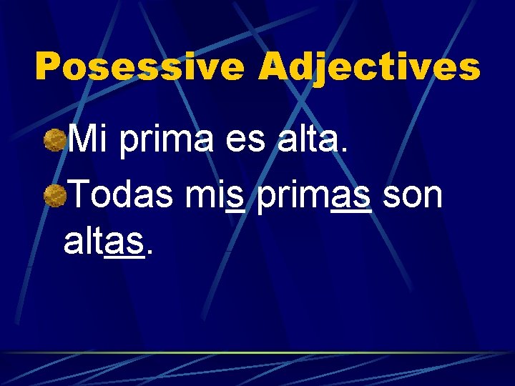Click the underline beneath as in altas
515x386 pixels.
[124, 260]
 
